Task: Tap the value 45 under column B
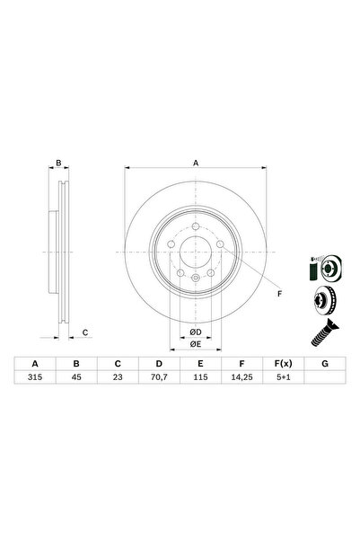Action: tap(77, 378)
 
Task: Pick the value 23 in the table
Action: tap(119, 378)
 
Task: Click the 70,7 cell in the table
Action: tap(159, 378)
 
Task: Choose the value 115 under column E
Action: tap(200, 378)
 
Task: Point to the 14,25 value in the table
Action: tap(241, 378)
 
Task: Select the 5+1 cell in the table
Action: tap(282, 378)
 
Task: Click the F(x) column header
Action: tap(282, 365)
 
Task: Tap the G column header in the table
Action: tap(323, 365)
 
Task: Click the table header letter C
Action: tap(119, 365)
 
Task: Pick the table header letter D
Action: tap(159, 365)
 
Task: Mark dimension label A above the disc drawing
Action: tap(196, 164)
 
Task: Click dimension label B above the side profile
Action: tap(58, 164)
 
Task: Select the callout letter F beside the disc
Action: tap(279, 294)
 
